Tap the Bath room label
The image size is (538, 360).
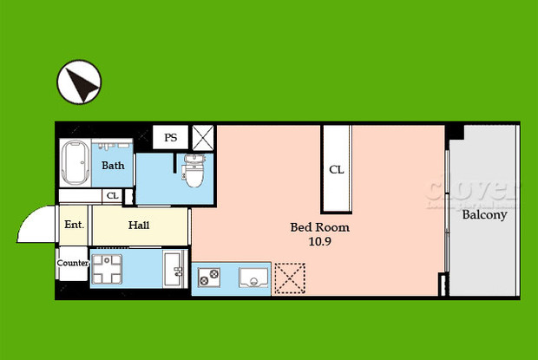coord(113,165)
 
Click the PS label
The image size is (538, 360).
coord(171,137)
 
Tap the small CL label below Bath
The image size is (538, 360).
coord(112,196)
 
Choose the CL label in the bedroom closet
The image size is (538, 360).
coord(337,170)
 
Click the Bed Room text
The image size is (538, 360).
coord(319,228)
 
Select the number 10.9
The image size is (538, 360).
coord(319,242)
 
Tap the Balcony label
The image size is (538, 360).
coord(484,215)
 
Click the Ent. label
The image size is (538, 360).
coord(74,226)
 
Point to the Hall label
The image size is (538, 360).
coord(139,226)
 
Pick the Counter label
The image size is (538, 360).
coord(73,263)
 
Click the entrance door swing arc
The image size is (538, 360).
coord(33,224)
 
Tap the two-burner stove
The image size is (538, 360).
coord(209,277)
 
